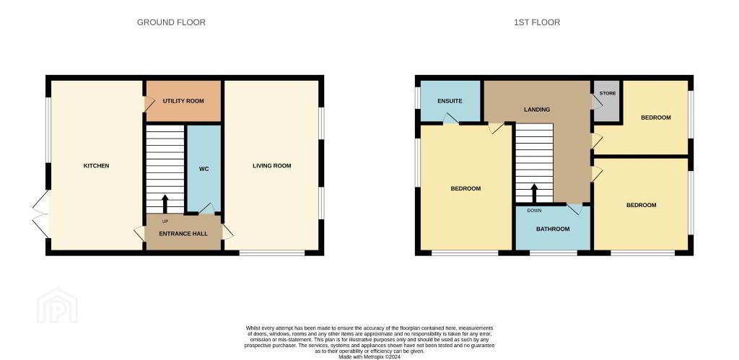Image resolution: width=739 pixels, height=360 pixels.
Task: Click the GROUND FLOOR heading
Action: tap(171, 22)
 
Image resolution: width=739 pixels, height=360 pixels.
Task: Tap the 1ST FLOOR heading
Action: tap(537, 22)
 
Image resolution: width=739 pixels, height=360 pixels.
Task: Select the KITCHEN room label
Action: tap(96, 166)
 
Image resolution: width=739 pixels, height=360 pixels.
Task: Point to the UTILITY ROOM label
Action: tap(183, 101)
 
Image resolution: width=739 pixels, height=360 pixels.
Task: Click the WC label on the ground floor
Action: tap(204, 168)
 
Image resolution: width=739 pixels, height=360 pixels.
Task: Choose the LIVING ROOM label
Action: tap(272, 166)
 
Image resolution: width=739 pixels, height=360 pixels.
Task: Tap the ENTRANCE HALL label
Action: tap(183, 234)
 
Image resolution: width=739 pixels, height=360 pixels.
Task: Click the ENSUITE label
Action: tap(450, 101)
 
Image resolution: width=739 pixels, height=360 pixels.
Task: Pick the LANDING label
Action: tap(537, 110)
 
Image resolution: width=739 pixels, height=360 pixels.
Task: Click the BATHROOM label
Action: tap(553, 229)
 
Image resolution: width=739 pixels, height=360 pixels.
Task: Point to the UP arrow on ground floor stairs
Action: tap(165, 204)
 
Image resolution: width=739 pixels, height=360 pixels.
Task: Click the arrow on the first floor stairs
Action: tap(534, 193)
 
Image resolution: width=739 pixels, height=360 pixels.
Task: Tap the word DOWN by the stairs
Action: tap(534, 211)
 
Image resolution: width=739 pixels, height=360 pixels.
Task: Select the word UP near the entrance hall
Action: tap(165, 221)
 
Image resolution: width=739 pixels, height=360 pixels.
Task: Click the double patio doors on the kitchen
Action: tap(41, 214)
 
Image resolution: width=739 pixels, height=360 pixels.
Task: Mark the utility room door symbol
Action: tap(149, 104)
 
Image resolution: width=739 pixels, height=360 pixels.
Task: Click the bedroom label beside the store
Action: tap(655, 118)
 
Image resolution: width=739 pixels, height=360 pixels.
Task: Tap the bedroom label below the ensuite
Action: tap(465, 188)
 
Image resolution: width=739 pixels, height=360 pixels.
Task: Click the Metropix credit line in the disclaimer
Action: tap(369, 357)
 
